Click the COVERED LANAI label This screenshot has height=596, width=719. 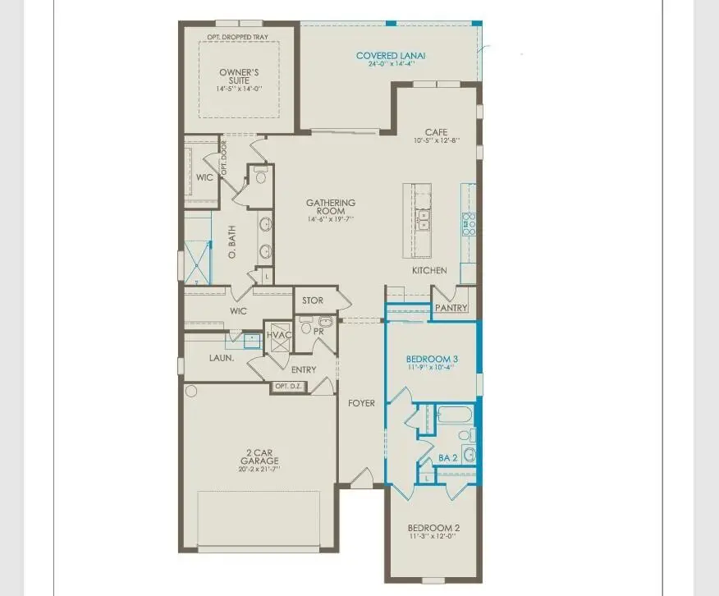point(390,56)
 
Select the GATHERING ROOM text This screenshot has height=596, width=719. point(331,207)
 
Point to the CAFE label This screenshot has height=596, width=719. point(436,132)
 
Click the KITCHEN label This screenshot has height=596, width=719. point(429,270)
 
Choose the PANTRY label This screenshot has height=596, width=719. point(451,308)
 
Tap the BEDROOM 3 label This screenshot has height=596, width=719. point(433,359)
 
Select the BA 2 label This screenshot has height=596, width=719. point(447,457)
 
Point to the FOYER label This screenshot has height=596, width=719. point(361,403)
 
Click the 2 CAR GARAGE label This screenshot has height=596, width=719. point(259,452)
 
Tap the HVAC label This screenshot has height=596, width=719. point(279,335)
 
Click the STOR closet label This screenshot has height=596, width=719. point(313,300)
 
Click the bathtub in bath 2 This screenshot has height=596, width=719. point(455,415)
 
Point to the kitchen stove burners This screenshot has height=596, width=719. point(469,224)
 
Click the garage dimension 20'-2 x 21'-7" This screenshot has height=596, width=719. point(259,470)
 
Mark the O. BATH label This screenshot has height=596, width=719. point(232,246)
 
